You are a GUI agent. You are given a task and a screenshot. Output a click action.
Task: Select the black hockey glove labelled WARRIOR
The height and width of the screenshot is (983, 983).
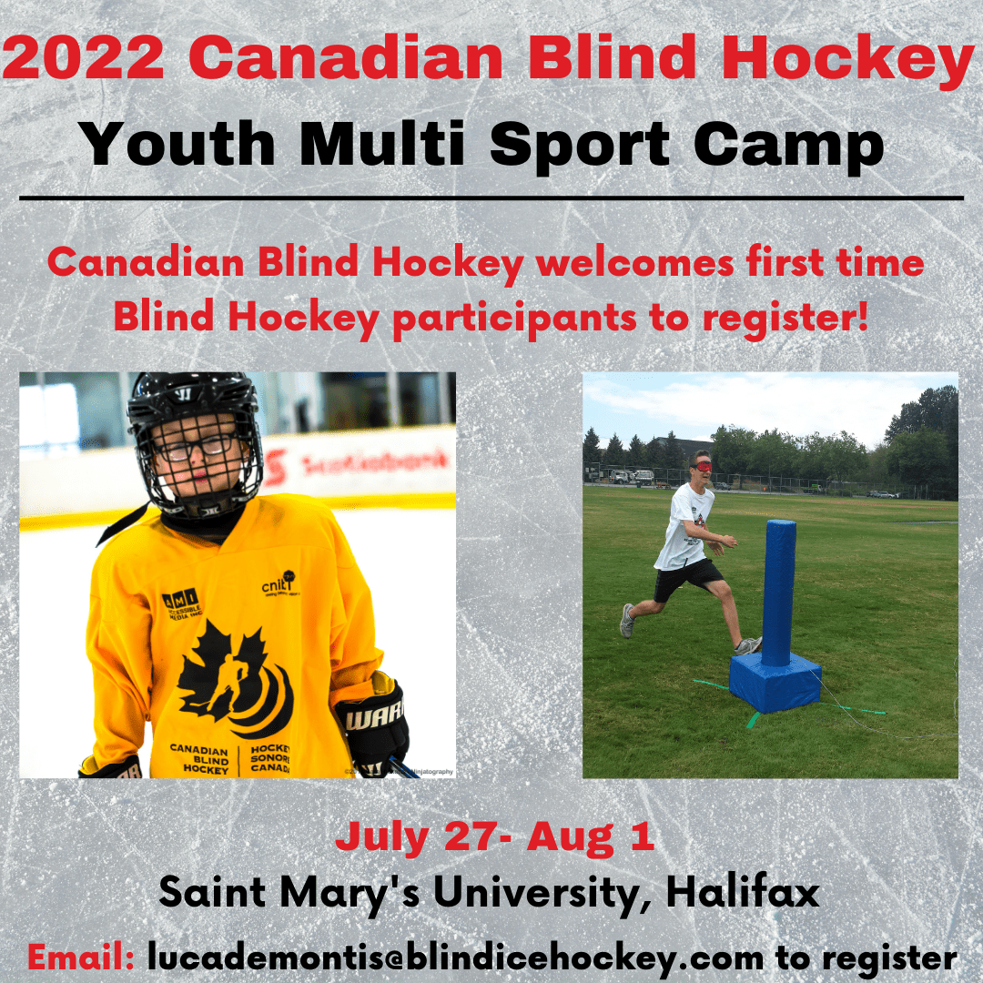(373, 724)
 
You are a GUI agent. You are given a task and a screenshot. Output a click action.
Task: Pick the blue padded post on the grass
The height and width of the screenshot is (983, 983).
(778, 592)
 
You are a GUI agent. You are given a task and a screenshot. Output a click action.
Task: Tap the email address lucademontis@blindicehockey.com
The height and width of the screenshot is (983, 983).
(455, 957)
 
